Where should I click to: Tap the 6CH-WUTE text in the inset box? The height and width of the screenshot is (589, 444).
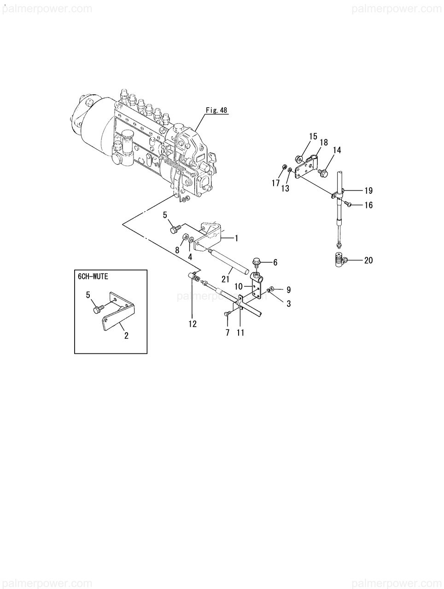click(x=95, y=277)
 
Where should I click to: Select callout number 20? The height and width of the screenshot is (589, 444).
click(x=368, y=260)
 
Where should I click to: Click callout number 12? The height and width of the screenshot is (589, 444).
click(x=192, y=324)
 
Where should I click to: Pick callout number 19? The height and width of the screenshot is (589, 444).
click(x=368, y=191)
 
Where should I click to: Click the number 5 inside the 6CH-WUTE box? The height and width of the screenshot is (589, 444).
click(x=88, y=295)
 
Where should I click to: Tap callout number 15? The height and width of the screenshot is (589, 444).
click(x=313, y=136)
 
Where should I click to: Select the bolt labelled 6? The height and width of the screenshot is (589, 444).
click(x=257, y=264)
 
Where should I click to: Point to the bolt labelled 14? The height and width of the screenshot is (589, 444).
click(x=322, y=173)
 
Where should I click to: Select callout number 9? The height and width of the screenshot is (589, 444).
click(x=288, y=290)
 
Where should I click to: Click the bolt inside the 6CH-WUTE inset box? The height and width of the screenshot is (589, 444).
click(x=97, y=310)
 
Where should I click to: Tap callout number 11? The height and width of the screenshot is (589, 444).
click(x=240, y=333)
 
